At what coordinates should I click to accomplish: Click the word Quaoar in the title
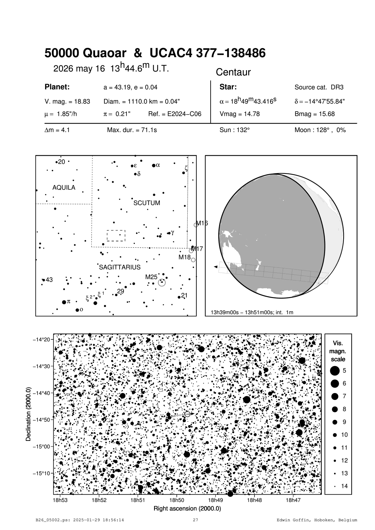104,54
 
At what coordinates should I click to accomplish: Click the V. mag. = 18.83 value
67,102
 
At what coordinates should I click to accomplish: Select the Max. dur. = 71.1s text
132,130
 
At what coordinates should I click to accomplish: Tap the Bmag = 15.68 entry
314,114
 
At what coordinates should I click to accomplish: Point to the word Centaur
233,72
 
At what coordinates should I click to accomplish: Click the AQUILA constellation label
64,188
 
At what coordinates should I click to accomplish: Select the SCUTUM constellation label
146,203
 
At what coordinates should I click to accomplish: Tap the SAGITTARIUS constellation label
120,267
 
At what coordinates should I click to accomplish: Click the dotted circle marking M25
162,283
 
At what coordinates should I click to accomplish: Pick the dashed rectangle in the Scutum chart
116,235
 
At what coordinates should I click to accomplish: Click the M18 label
184,257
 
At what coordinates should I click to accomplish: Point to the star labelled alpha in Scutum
154,165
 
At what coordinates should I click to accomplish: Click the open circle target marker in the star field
187,414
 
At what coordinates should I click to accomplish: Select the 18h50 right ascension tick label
176,500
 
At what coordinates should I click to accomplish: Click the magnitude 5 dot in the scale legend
335,371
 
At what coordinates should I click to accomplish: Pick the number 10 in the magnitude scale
344,435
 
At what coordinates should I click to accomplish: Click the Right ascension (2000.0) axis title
187,509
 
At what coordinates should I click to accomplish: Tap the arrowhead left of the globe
215,267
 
